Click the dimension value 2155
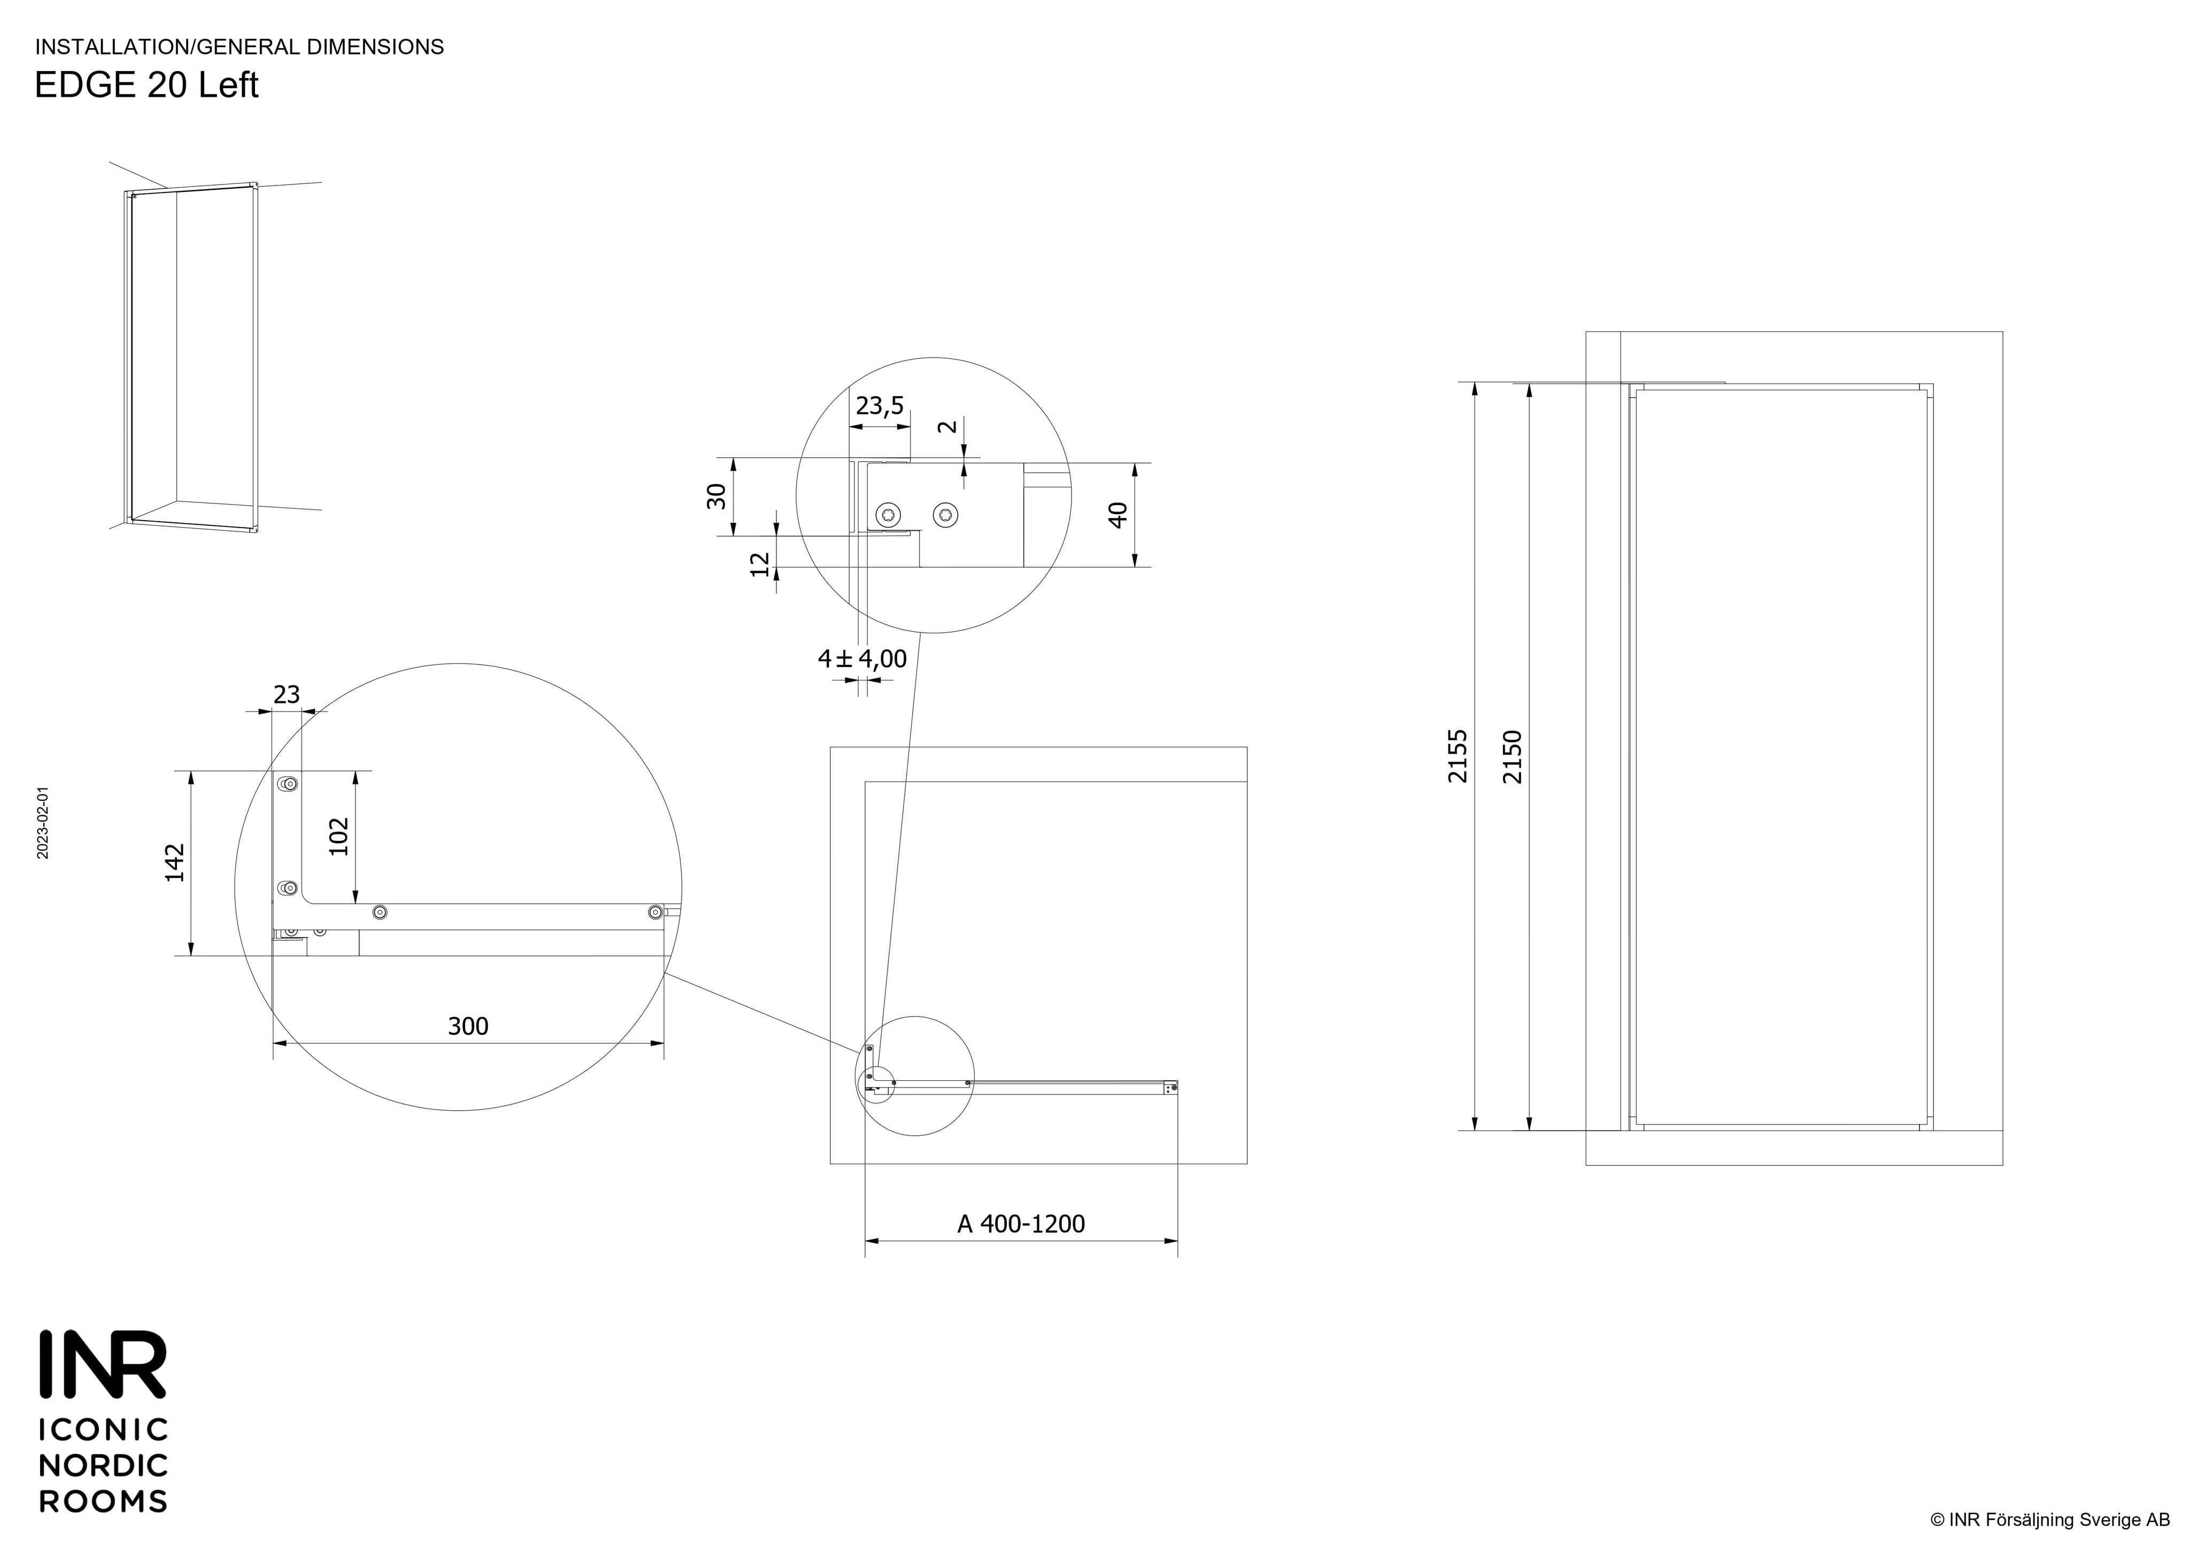pyautogui.click(x=1458, y=756)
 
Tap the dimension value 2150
pyautogui.click(x=1512, y=756)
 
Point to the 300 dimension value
pyautogui.click(x=468, y=1026)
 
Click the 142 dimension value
pyautogui.click(x=174, y=862)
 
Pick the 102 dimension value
pyautogui.click(x=338, y=837)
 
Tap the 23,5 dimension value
pyautogui.click(x=880, y=406)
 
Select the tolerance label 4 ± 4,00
pyautogui.click(x=862, y=659)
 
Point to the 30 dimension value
pyautogui.click(x=716, y=496)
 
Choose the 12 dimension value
pyautogui.click(x=760, y=564)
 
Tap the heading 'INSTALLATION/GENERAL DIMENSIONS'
pyautogui.click(x=240, y=47)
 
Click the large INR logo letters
pyautogui.click(x=103, y=1364)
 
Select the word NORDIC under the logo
pyautogui.click(x=103, y=1465)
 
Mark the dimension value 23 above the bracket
pyautogui.click(x=287, y=695)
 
